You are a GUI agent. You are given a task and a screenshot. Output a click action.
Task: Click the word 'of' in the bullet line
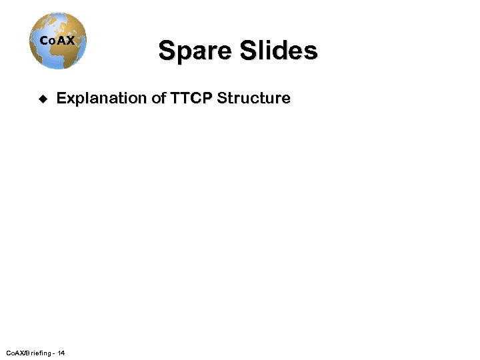coord(158,99)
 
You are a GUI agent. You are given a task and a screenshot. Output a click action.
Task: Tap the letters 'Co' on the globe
coord(47,41)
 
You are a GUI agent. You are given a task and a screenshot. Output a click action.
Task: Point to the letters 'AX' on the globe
coord(65,41)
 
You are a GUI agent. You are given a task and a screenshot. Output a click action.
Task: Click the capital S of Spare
coord(166,51)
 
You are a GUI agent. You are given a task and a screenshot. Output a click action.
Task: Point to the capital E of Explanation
coord(61,99)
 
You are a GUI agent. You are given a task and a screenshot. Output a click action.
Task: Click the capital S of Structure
coord(223,99)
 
